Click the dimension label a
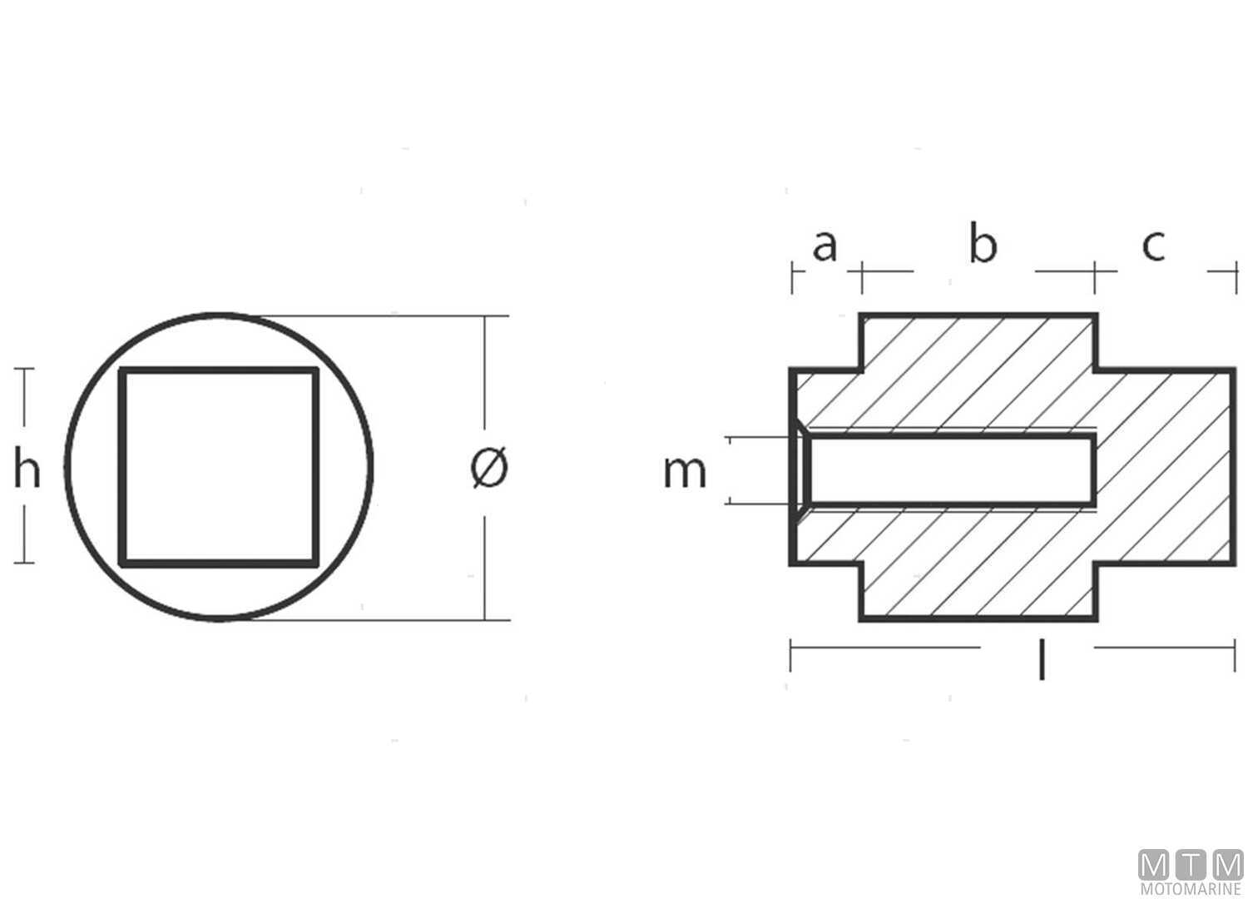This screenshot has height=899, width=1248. [x=824, y=246]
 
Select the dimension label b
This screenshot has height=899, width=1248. [x=983, y=245]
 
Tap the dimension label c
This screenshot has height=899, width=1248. [x=1153, y=246]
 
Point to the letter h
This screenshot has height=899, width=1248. [x=27, y=469]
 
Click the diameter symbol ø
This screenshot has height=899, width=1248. [x=489, y=468]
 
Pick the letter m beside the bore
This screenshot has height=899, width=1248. [x=685, y=471]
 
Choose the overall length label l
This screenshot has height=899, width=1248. [x=1041, y=658]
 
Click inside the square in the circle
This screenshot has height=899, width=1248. [x=220, y=466]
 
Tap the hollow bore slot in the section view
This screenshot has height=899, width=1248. [x=948, y=469]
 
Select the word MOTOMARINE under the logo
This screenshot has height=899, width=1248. [x=1191, y=890]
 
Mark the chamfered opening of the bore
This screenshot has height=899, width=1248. [x=800, y=469]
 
